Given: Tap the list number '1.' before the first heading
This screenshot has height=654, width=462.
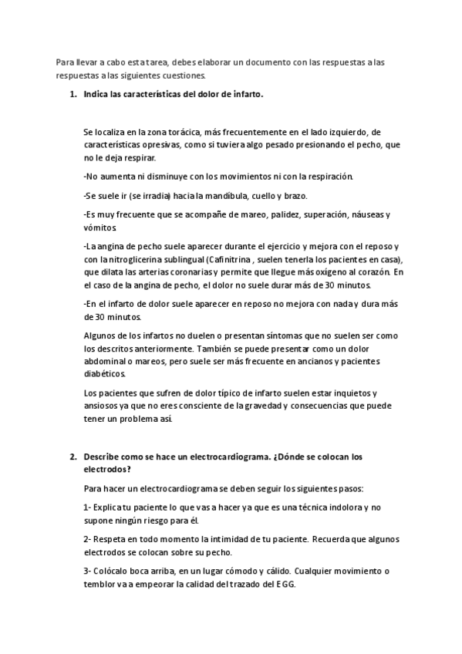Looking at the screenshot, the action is point(73,95).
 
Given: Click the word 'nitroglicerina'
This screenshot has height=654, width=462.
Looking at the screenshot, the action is point(143,259).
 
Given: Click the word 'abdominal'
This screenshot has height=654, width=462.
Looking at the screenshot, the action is point(109,361).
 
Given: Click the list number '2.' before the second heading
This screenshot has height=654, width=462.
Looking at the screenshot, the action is point(73,457).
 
